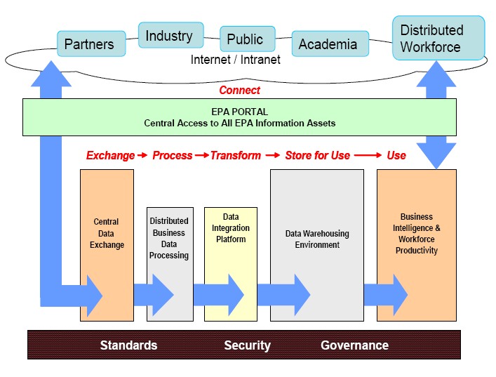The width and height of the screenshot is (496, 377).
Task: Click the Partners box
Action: tap(89, 45)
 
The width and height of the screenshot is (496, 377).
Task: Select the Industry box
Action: tap(169, 36)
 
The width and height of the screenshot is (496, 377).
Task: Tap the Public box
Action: tap(245, 39)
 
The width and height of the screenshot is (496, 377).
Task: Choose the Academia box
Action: tap(328, 45)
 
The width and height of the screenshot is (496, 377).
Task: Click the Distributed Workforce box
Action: tap(438, 39)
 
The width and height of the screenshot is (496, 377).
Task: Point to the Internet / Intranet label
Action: tap(236, 60)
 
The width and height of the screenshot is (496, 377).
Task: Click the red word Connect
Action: tap(239, 90)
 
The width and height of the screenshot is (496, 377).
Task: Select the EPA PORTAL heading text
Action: tap(239, 112)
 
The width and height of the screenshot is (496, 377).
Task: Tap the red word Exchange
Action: tap(110, 155)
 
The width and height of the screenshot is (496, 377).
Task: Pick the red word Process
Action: tap(172, 155)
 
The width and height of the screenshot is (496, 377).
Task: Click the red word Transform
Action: tap(236, 155)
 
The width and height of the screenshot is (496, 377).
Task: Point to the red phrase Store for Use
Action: tap(317, 155)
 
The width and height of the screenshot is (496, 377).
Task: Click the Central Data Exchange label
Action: tap(107, 234)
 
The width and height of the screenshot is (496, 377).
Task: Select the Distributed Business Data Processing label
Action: tap(169, 239)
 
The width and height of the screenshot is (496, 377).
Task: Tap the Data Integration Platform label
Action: tap(231, 229)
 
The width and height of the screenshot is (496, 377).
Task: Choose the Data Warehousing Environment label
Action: tap(317, 239)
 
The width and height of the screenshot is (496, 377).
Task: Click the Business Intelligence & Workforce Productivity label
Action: tap(417, 234)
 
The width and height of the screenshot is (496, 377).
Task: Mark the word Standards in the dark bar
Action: tap(128, 345)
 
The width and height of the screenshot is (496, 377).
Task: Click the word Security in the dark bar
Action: tap(247, 345)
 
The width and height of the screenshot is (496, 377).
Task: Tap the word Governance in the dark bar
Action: tap(354, 345)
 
